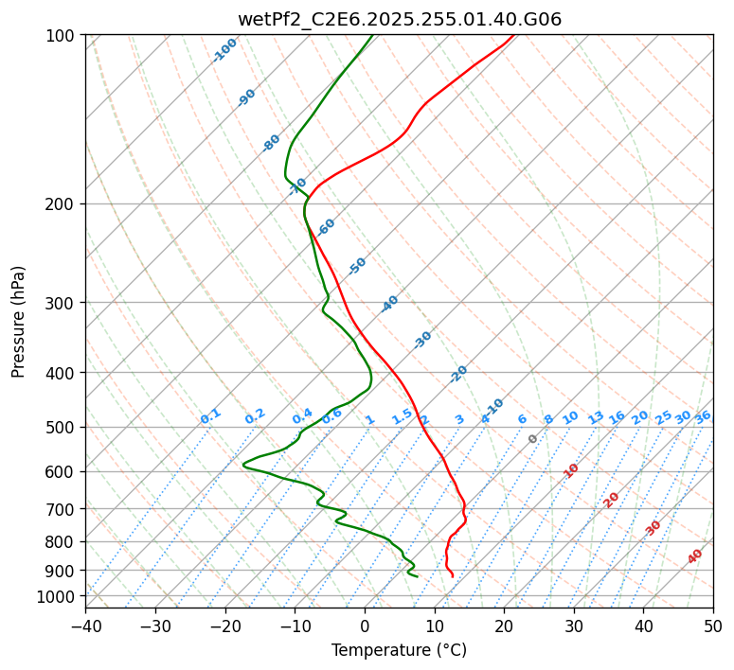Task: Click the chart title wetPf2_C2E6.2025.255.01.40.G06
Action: click(399, 19)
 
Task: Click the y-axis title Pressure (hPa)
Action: click(19, 322)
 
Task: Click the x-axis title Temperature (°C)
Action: click(399, 650)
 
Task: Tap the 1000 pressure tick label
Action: click(56, 597)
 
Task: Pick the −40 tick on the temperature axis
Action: click(85, 626)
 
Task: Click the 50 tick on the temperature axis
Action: click(713, 626)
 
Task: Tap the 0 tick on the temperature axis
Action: click(365, 626)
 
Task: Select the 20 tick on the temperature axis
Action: click(504, 626)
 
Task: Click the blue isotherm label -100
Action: click(225, 49)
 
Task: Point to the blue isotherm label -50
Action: click(357, 266)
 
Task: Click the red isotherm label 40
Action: click(695, 556)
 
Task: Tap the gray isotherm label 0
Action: click(533, 439)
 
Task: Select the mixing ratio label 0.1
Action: click(210, 416)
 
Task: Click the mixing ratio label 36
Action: click(703, 417)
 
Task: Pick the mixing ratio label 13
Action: click(596, 417)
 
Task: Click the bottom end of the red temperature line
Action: click(453, 576)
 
